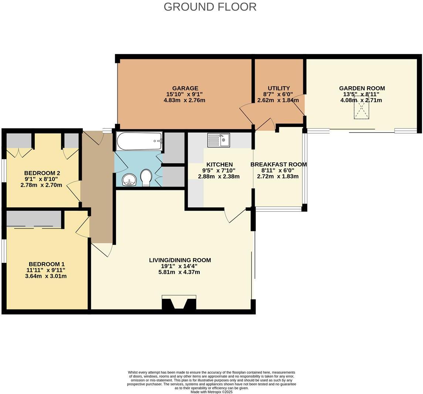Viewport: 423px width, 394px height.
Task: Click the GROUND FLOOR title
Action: click(x=210, y=7)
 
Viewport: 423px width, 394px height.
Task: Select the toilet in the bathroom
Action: click(x=146, y=177)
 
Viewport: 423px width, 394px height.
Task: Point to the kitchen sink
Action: click(x=219, y=140)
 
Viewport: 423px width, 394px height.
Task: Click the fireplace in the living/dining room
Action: click(x=179, y=303)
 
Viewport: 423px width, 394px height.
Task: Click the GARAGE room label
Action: click(x=185, y=88)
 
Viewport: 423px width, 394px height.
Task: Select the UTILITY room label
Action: click(x=279, y=88)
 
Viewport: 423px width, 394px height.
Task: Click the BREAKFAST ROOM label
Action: click(x=278, y=164)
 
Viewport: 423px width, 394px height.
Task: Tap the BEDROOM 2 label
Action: click(x=42, y=173)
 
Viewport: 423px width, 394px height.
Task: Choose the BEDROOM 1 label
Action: click(x=47, y=264)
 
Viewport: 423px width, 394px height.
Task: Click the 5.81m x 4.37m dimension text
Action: click(x=179, y=272)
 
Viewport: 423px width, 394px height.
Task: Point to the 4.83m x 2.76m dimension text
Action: click(x=184, y=100)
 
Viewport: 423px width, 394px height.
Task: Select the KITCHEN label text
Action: click(x=219, y=164)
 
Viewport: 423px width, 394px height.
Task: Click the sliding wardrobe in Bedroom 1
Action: click(x=34, y=219)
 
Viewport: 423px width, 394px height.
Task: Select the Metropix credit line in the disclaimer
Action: click(x=211, y=392)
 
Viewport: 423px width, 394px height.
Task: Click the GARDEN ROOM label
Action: click(x=362, y=88)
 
